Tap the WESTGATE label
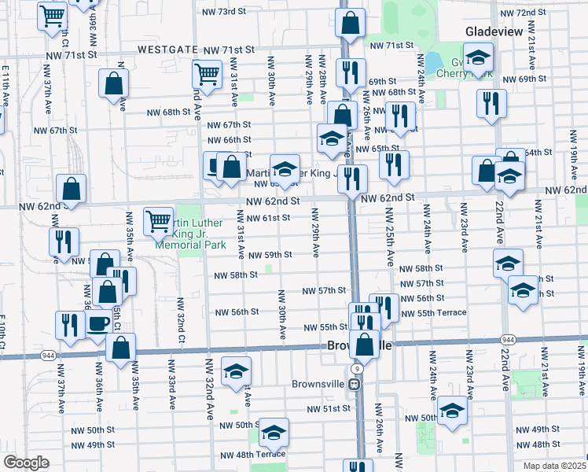167,49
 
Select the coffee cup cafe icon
99,323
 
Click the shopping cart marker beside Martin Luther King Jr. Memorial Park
159,222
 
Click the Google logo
26,463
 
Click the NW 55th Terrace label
433,313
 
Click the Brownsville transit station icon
355,385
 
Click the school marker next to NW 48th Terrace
274,432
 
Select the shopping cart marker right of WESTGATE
207,74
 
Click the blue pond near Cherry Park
433,61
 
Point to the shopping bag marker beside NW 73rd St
351,24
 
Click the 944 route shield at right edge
508,338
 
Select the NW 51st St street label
323,409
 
